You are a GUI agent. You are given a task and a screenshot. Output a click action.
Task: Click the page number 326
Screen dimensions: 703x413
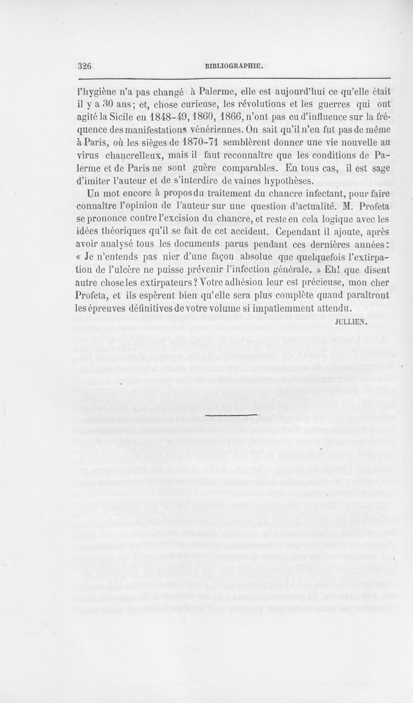(x=84, y=66)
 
